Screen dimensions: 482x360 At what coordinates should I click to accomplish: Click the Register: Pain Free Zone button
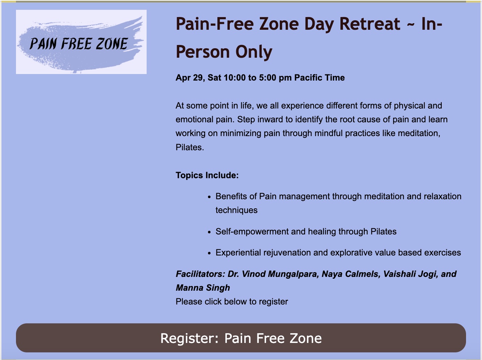click(241, 338)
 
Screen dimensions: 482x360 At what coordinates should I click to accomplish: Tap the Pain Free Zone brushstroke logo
click(81, 42)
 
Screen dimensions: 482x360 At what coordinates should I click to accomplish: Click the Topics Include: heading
click(207, 175)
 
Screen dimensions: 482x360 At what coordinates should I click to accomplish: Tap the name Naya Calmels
click(351, 274)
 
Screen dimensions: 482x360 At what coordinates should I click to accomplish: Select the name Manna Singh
click(203, 288)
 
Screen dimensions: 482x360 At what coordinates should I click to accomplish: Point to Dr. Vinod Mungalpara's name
click(273, 274)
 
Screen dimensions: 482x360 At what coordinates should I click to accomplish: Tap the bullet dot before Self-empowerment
click(209, 232)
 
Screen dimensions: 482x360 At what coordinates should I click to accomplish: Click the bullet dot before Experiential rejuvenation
click(209, 253)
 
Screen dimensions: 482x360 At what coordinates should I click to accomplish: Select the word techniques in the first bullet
click(237, 210)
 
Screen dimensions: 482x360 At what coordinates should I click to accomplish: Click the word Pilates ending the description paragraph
click(190, 147)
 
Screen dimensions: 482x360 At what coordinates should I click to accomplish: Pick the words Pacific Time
click(319, 78)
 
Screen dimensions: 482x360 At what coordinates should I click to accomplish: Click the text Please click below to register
click(232, 302)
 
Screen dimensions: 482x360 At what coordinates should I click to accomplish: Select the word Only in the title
click(254, 52)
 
